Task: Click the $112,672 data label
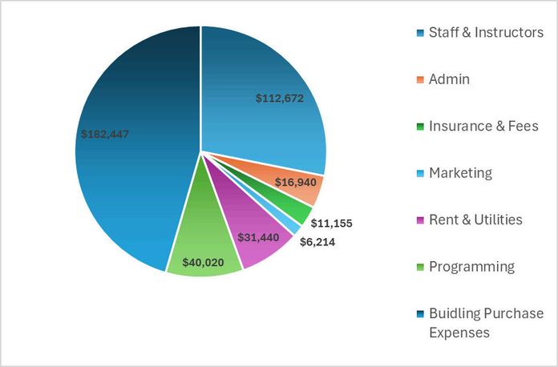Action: tap(280, 98)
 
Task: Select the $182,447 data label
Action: tap(105, 134)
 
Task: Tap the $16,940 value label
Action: tap(296, 183)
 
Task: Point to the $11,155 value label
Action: tap(331, 224)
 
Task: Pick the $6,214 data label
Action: tap(317, 242)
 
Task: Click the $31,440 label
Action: tap(258, 237)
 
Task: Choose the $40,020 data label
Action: tap(203, 263)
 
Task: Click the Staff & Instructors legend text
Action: tap(486, 32)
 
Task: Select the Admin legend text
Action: tap(449, 79)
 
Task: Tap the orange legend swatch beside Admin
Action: tap(420, 79)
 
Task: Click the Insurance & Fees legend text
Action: tap(483, 126)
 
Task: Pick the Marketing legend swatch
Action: tap(420, 173)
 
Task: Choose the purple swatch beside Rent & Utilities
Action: tap(420, 220)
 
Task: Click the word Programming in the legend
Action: tap(472, 267)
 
